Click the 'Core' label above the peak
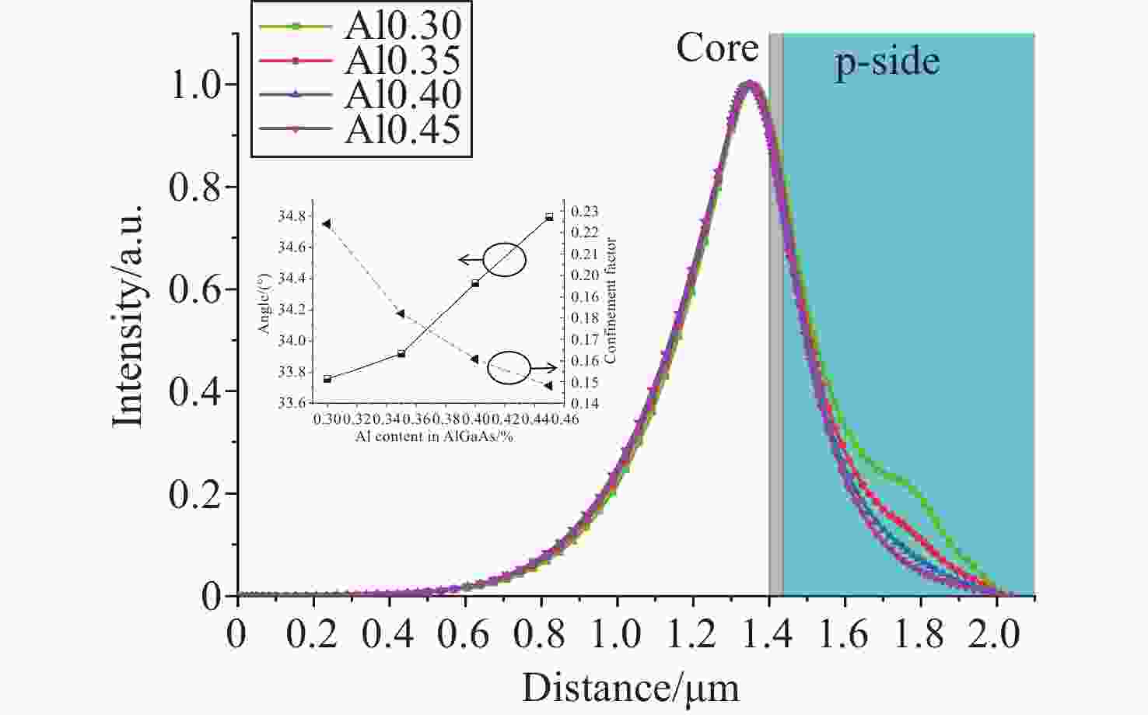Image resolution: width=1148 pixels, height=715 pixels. (717, 48)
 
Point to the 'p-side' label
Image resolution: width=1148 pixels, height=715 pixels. (887, 61)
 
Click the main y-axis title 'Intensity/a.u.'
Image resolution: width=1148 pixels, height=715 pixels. (128, 315)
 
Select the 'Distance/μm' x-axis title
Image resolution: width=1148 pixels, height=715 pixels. (630, 689)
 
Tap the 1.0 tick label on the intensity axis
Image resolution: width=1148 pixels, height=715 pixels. (195, 86)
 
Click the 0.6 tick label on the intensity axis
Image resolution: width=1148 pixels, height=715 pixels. (195, 289)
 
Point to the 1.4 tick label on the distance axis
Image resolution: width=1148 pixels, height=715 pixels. (768, 635)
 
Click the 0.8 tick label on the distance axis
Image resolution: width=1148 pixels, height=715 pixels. (541, 635)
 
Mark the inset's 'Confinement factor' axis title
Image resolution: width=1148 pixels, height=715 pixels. (611, 300)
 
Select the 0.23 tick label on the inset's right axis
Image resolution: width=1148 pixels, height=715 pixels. (585, 212)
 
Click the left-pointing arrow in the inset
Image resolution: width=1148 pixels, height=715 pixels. (469, 260)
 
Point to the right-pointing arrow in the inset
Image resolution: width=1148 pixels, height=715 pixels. (546, 368)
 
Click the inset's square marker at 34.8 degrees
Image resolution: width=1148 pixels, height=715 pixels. (549, 217)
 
